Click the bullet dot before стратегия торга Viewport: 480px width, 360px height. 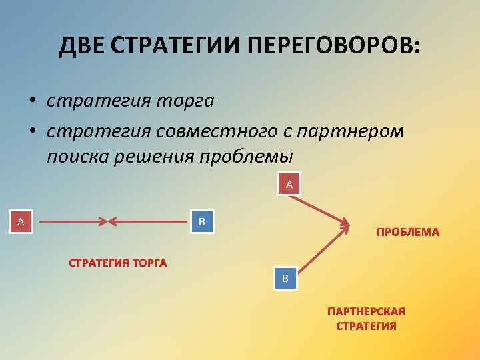(x=31, y=102)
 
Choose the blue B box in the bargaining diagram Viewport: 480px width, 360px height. (x=202, y=221)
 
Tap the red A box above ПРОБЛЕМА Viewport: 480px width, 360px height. (x=289, y=183)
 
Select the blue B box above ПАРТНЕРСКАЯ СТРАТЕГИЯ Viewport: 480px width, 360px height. (x=285, y=277)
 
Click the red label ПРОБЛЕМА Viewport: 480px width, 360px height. (x=408, y=232)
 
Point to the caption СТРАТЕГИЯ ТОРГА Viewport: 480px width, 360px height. (x=118, y=263)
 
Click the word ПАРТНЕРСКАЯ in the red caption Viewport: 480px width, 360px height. (x=366, y=311)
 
